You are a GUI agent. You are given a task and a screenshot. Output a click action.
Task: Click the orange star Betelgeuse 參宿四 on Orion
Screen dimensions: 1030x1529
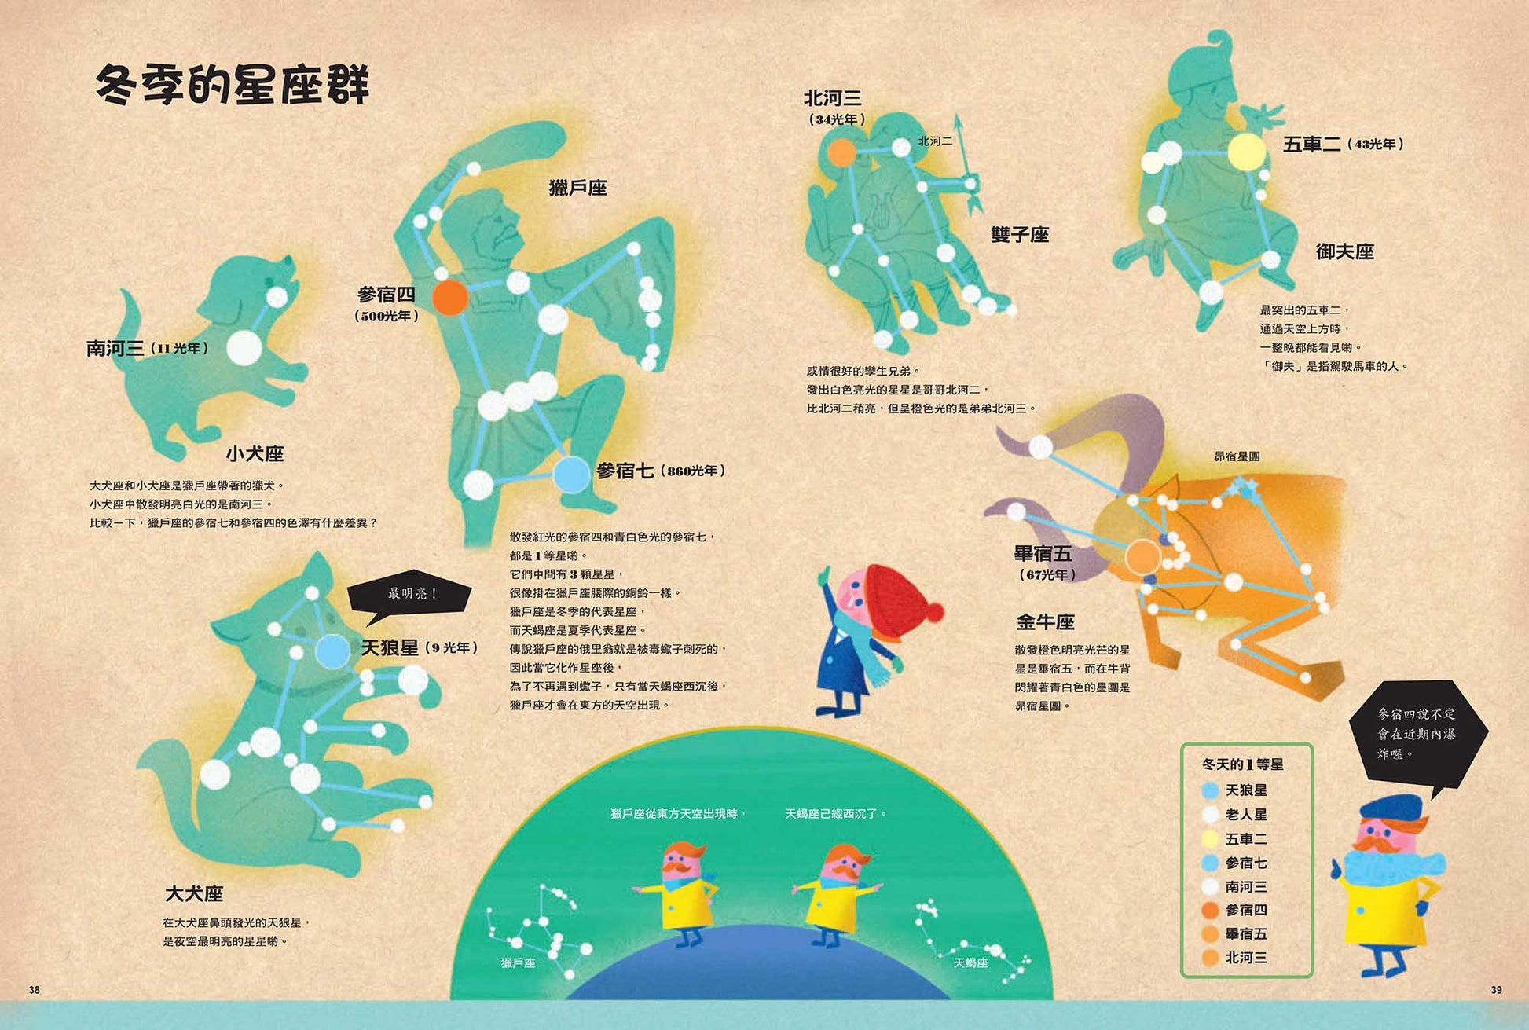click(450, 297)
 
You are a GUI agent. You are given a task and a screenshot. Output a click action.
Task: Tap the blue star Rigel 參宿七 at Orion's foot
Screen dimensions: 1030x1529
click(571, 474)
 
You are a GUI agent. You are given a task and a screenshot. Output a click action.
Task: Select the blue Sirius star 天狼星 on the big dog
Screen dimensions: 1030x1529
click(333, 651)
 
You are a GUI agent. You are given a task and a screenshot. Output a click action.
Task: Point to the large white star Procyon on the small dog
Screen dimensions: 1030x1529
click(244, 346)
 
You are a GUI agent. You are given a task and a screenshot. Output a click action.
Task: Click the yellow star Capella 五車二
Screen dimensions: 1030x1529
click(1246, 152)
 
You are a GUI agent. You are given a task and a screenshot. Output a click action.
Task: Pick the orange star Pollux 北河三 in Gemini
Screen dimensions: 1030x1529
click(841, 152)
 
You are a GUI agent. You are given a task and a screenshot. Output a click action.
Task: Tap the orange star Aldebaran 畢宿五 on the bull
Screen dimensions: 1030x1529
click(1142, 557)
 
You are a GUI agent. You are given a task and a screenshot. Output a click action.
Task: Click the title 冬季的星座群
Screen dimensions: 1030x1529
click(233, 85)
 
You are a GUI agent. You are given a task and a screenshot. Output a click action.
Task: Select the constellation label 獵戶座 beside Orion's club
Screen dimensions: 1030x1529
click(577, 188)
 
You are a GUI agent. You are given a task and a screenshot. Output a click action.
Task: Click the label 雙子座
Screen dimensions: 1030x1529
click(1020, 234)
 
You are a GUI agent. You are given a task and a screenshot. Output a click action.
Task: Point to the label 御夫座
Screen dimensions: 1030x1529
click(1344, 251)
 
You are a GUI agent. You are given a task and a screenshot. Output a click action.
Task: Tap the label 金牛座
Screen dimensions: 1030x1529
click(1045, 622)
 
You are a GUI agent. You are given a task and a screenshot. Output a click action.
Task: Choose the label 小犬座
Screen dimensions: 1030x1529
click(255, 453)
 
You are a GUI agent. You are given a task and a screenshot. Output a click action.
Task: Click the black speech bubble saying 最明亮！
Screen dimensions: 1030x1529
click(410, 594)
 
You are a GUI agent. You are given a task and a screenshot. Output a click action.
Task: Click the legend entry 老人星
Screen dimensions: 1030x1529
click(1246, 815)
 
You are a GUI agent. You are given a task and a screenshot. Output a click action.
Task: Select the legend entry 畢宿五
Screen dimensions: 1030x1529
click(1246, 934)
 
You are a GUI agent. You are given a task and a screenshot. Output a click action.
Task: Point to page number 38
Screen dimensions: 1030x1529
click(34, 990)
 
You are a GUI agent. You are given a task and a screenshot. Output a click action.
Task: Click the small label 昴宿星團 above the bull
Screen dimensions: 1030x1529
click(1237, 456)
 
